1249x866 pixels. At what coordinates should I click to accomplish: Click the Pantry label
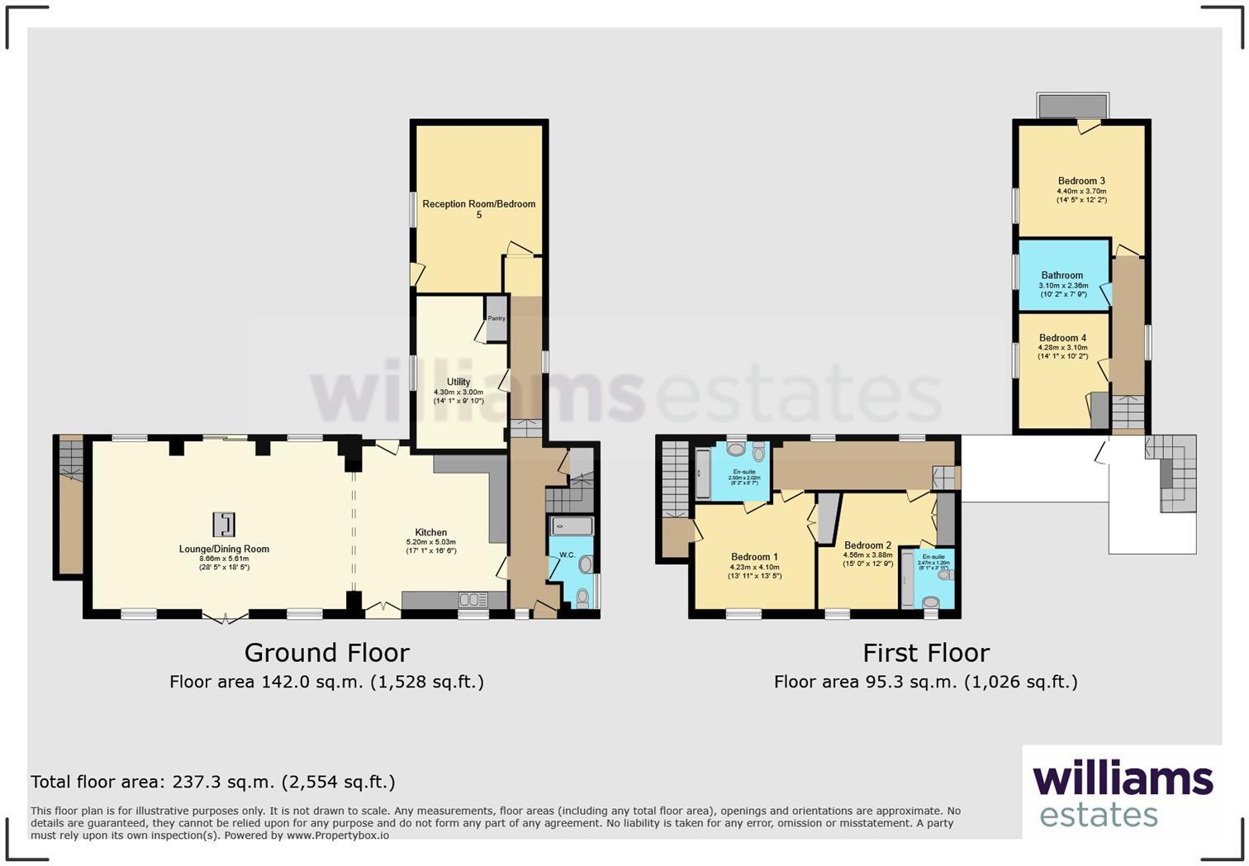[496, 318]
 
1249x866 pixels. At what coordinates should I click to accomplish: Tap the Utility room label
[458, 382]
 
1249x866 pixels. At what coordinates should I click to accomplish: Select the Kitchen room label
[431, 533]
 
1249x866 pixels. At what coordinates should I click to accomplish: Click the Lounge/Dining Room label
[224, 549]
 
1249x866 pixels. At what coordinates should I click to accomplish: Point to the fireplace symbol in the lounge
[224, 524]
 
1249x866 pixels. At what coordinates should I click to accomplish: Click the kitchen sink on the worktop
[473, 599]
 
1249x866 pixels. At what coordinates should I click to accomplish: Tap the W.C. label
[567, 554]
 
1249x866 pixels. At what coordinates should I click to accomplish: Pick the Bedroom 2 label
[867, 545]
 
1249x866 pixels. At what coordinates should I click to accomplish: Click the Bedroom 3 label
[1081, 181]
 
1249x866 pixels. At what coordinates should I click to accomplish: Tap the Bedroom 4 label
[1062, 338]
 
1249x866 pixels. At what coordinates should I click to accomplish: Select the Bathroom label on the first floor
[1062, 275]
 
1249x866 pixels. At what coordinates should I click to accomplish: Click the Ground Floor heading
[326, 653]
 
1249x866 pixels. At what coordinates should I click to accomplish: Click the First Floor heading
[926, 653]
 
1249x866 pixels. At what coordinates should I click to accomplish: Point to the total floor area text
[213, 782]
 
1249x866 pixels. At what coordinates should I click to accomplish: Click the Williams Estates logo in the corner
[1123, 793]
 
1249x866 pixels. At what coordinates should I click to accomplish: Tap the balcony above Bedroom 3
[1073, 106]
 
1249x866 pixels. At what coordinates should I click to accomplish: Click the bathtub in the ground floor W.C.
[571, 526]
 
